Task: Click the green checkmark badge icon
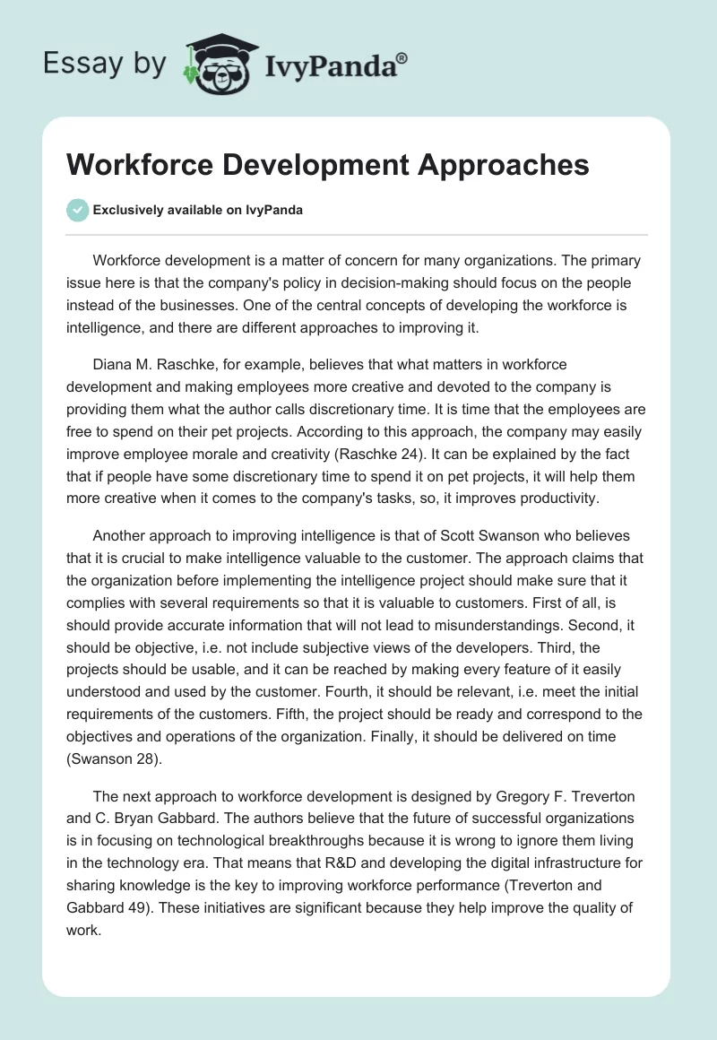pos(77,210)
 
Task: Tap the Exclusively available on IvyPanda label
pos(198,211)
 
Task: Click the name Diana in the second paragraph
pos(113,365)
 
